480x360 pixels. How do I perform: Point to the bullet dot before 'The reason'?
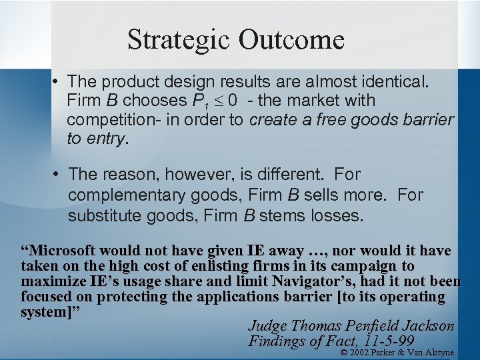click(57, 175)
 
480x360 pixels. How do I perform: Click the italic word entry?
click(105, 139)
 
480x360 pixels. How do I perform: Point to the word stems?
click(281, 215)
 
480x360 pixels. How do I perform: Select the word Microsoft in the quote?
click(64, 251)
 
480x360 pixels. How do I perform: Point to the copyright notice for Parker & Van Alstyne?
click(397, 352)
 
